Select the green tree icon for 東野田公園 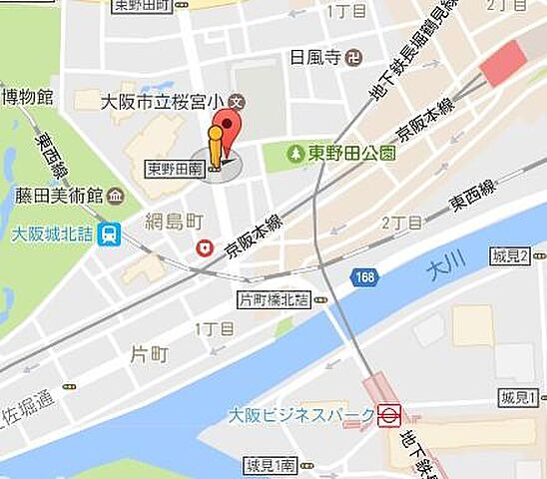tap(294, 154)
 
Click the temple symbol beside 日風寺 tap(352, 59)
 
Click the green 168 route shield tap(364, 276)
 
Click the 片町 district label tap(150, 353)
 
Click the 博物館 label tap(26, 97)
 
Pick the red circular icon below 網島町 tap(206, 247)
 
